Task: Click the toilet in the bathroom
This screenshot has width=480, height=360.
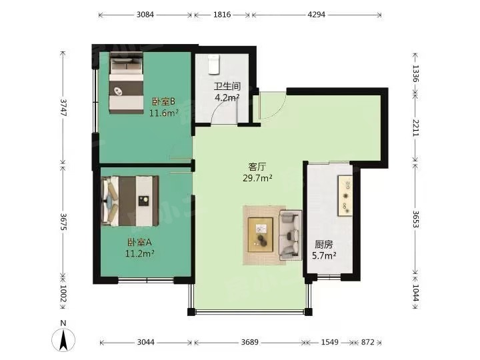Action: click(214, 65)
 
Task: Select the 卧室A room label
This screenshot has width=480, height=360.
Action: click(139, 243)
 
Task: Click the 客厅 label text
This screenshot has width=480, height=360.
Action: click(257, 167)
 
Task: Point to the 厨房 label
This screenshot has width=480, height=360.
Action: click(324, 245)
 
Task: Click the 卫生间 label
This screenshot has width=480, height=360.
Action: click(227, 86)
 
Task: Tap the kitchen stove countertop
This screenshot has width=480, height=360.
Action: click(345, 196)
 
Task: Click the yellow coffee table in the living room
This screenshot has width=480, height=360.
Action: click(260, 235)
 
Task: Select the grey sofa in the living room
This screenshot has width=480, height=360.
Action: click(291, 235)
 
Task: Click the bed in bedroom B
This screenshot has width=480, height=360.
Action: click(127, 83)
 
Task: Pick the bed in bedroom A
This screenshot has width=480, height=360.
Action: click(130, 201)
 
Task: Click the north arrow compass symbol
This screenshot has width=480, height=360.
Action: click(63, 340)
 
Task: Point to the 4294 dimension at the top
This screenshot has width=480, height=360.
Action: click(316, 15)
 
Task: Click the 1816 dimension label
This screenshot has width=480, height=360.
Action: click(222, 15)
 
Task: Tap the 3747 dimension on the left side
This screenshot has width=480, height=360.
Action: click(63, 107)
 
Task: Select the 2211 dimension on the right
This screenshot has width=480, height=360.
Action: click(415, 127)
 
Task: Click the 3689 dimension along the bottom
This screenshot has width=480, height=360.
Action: click(250, 342)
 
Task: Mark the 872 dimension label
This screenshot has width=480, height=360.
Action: click(367, 342)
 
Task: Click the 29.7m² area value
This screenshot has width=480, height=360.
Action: click(257, 178)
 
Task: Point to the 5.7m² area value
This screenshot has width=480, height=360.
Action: click(324, 255)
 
